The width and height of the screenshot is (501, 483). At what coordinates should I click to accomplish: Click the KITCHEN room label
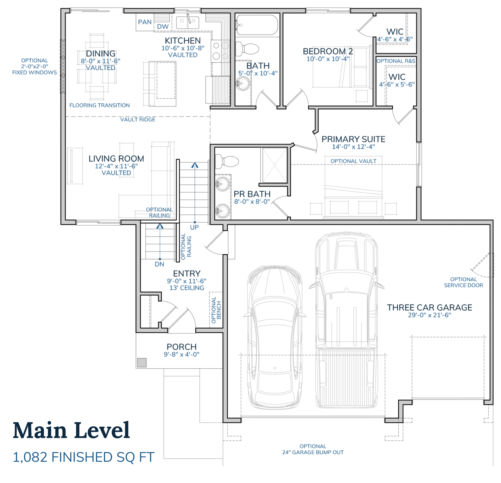[183, 41]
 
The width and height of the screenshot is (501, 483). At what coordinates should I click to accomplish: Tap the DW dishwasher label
[163, 26]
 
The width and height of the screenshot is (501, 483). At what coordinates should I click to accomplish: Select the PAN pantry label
[145, 22]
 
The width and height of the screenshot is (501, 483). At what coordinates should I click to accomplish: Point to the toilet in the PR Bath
[226, 161]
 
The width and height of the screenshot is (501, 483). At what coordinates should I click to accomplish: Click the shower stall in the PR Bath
[275, 165]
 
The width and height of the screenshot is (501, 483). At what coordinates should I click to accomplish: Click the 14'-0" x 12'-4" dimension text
[353, 147]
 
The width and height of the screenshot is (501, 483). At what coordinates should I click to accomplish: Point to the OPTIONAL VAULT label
[353, 161]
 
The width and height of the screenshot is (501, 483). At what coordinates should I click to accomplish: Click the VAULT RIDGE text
[138, 120]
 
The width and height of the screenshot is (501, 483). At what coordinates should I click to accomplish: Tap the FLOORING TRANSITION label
[99, 105]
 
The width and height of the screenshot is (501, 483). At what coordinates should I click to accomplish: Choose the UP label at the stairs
[194, 227]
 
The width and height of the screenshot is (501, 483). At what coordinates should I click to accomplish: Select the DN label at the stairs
[159, 264]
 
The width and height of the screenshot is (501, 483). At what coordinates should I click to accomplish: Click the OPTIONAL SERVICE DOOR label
[463, 282]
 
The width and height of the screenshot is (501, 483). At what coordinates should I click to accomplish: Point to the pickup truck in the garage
[346, 320]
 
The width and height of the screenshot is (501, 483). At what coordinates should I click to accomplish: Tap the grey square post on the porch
[142, 363]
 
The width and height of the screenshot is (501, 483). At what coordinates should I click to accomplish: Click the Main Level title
[71, 430]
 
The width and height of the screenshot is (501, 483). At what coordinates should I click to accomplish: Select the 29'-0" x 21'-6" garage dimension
[429, 315]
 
